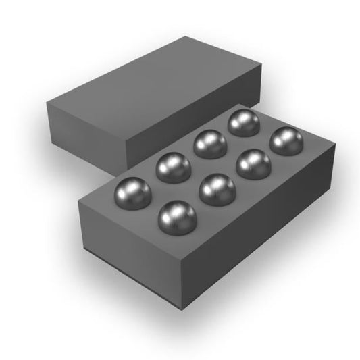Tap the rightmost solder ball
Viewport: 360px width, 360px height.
coord(286,141)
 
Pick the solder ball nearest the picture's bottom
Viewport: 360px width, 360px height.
coord(176,215)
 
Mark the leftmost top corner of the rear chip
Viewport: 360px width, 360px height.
coord(47,104)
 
